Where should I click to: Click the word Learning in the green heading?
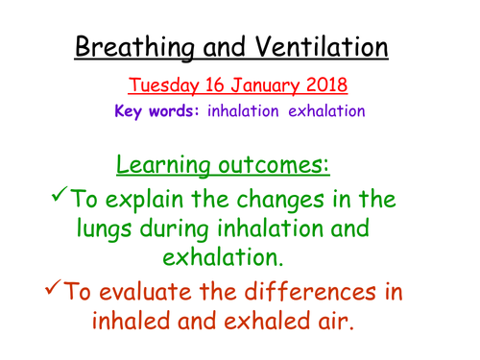click(x=178, y=163)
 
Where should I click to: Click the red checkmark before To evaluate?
click(x=64, y=289)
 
